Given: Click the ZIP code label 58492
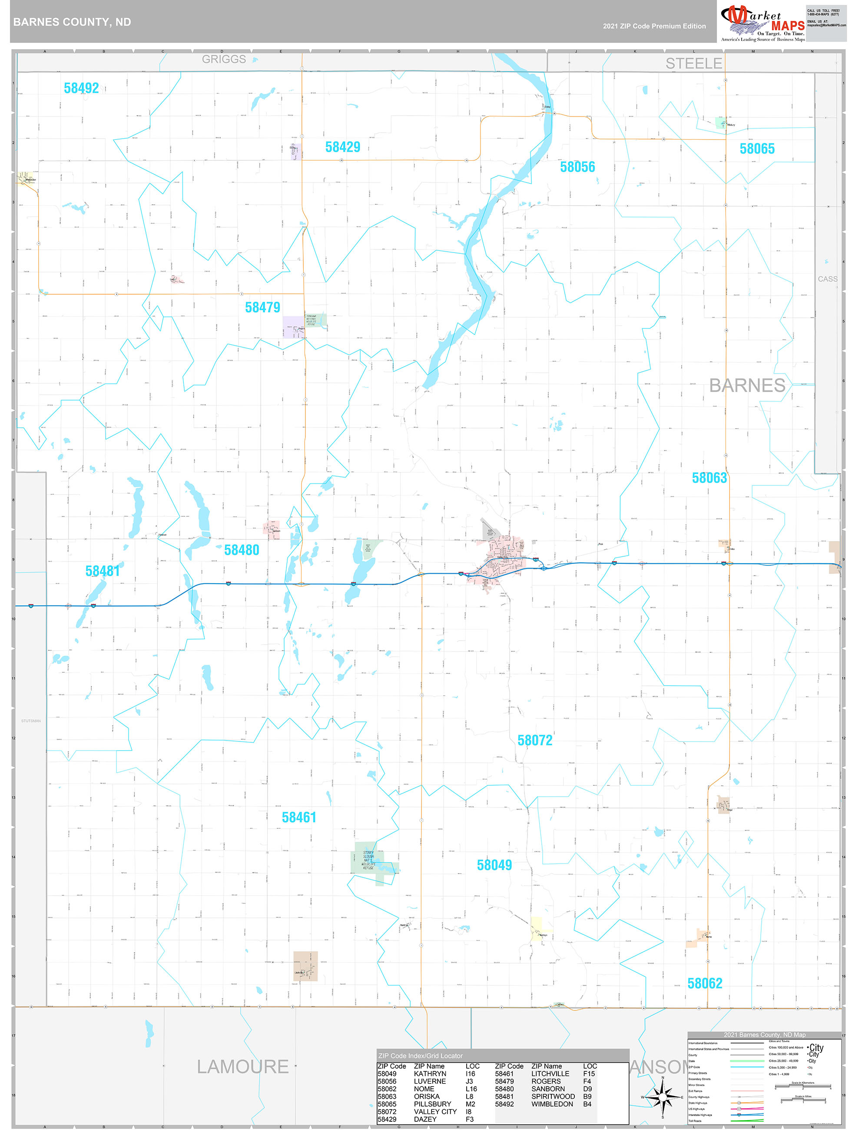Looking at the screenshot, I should coord(81,88).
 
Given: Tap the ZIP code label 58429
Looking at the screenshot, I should coord(343,147).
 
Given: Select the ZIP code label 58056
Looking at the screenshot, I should coord(577,167).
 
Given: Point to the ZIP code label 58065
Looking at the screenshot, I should coord(757,149).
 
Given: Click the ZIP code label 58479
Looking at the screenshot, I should coord(262,308).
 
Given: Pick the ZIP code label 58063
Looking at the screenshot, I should coord(709,478).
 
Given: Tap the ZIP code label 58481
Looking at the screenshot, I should coord(103,571).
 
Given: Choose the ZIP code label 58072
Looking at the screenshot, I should coord(535,740).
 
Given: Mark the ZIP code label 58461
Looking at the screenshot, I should coord(299,818).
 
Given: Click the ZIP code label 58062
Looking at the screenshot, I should coord(704,984).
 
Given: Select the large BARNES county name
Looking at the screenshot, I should coord(747,385).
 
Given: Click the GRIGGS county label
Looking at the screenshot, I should coord(224,59).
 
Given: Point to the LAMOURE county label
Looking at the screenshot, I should coord(243,1066).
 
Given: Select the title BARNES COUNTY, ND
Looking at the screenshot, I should coord(72,22).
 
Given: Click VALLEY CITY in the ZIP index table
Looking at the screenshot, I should coord(435,1111).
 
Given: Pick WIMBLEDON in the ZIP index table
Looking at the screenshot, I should coord(552,1103).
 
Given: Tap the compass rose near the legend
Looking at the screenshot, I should coord(663,1097).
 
